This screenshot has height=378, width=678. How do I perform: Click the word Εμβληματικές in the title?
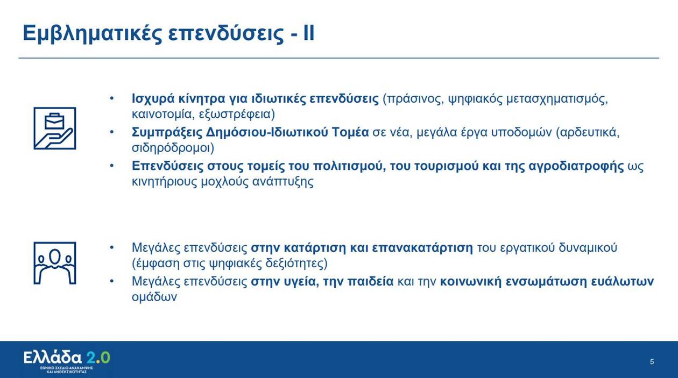(93, 34)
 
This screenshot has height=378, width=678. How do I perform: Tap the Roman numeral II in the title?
(309, 33)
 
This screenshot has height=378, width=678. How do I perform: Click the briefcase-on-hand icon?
(55, 128)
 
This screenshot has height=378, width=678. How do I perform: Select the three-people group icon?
(55, 263)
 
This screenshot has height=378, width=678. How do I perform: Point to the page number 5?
(652, 362)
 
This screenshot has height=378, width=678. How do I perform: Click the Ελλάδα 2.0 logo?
(67, 362)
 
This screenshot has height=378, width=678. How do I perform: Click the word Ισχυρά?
(153, 99)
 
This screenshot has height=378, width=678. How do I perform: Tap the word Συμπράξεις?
(167, 133)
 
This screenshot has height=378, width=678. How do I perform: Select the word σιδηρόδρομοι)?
(173, 148)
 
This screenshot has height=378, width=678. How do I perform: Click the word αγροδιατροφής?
(576, 167)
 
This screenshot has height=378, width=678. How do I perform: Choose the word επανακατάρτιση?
(422, 248)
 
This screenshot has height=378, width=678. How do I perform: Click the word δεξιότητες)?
(296, 263)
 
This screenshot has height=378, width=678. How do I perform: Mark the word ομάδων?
(154, 297)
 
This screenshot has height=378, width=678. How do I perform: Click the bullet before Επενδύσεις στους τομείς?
(112, 166)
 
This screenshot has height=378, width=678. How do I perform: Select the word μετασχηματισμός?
(557, 99)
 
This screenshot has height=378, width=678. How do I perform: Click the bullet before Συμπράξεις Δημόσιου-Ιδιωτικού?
(112, 132)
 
